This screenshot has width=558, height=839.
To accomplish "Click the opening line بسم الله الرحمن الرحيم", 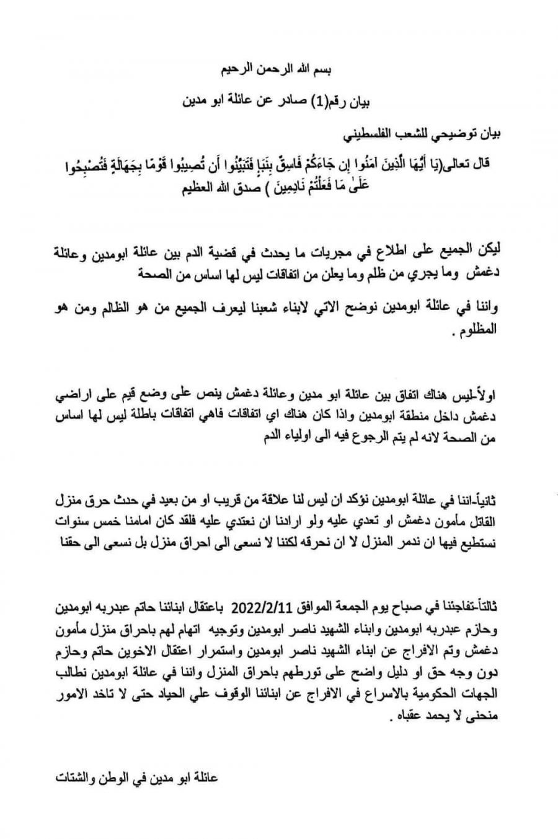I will click(x=278, y=70).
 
